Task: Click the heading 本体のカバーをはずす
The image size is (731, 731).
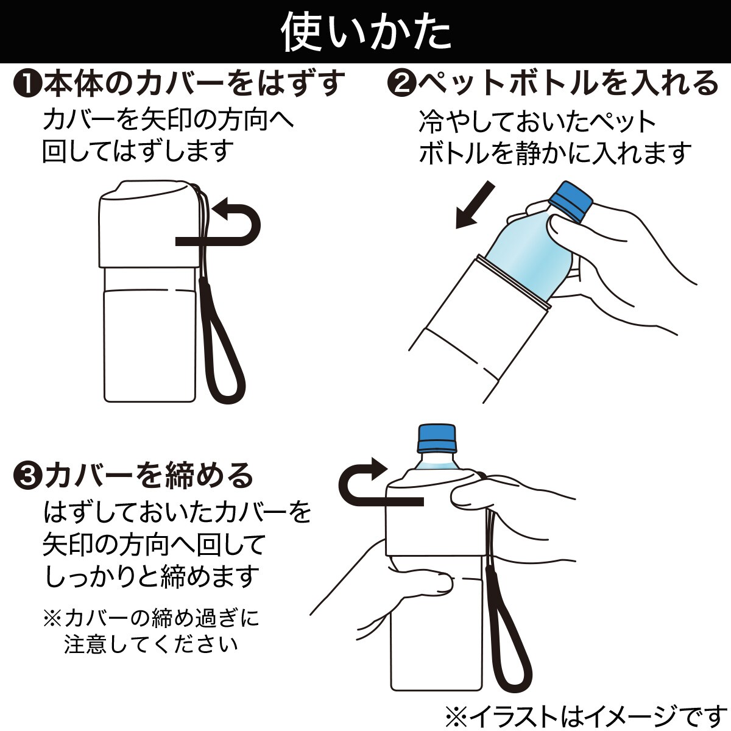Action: coord(194,84)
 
